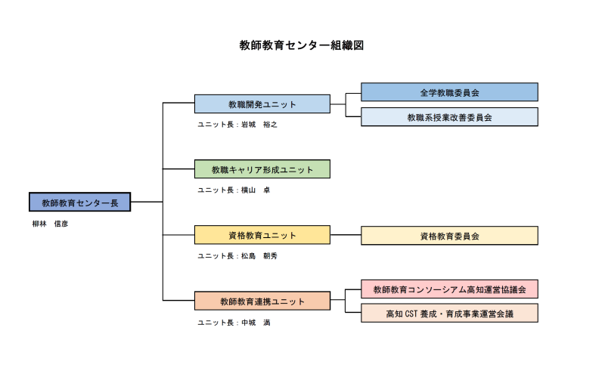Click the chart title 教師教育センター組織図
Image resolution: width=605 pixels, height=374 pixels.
tap(302, 45)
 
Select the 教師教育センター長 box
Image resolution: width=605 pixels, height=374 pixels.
tap(80, 202)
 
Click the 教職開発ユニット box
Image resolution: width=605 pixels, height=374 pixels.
tap(262, 104)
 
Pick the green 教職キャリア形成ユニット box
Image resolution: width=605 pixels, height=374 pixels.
tap(262, 169)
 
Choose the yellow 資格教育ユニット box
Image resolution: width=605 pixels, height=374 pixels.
tap(262, 235)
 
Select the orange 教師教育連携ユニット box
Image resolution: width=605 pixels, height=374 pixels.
tap(262, 301)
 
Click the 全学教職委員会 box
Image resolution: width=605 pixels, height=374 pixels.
tap(449, 92)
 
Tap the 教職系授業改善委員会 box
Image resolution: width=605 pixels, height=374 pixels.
tap(449, 117)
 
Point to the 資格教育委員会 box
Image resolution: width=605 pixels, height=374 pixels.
tap(449, 236)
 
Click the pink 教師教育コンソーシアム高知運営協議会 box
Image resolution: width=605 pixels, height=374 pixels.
tap(449, 289)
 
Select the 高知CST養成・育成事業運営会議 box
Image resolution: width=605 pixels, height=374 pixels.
tap(449, 314)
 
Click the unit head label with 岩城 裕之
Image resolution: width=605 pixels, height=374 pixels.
tap(237, 125)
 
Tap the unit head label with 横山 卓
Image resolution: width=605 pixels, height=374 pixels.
tap(234, 190)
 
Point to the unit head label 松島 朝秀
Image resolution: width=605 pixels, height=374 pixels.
tap(237, 256)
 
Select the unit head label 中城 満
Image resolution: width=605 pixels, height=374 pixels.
tap(234, 323)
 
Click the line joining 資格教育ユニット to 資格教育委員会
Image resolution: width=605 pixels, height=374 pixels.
tap(346, 235)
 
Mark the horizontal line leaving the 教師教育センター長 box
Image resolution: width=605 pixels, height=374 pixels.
tap(147, 202)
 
